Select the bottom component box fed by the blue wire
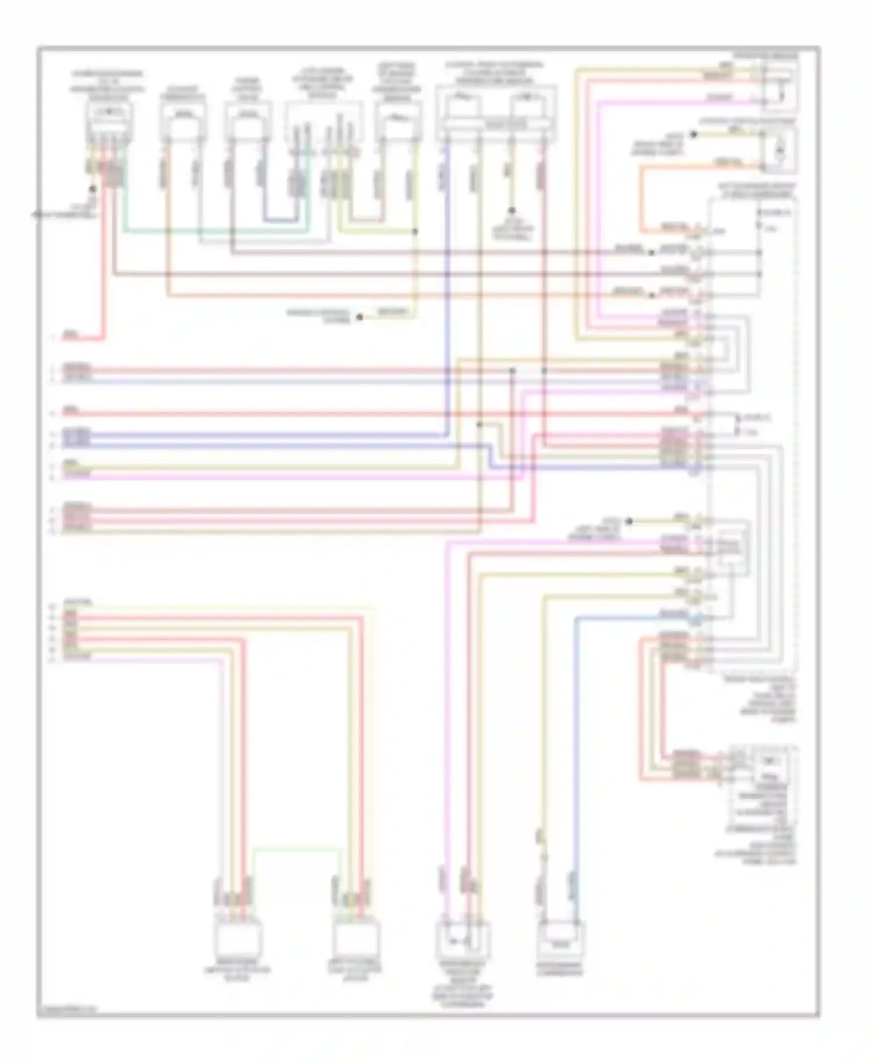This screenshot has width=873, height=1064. (x=560, y=940)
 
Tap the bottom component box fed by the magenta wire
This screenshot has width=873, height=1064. (x=463, y=939)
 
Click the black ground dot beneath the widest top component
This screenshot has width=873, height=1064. (x=512, y=211)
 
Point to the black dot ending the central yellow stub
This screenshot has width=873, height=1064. (x=360, y=317)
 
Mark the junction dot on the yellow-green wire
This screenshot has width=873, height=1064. (x=415, y=232)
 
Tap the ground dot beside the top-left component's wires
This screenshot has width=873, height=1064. (x=92, y=189)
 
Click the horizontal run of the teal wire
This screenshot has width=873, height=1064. (x=215, y=231)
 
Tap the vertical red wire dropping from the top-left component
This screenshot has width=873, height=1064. (x=105, y=262)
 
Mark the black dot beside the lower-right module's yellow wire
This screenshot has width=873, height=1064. (x=629, y=522)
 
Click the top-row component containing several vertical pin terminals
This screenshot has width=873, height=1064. (x=324, y=122)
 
